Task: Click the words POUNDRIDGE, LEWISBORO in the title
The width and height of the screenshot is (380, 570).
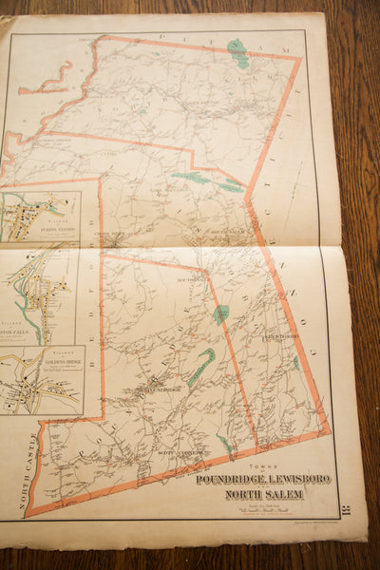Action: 263,480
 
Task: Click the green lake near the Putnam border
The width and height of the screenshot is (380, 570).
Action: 238,53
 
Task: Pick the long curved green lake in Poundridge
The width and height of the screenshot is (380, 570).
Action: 200,368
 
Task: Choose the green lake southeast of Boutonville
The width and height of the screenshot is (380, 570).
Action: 221,313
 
